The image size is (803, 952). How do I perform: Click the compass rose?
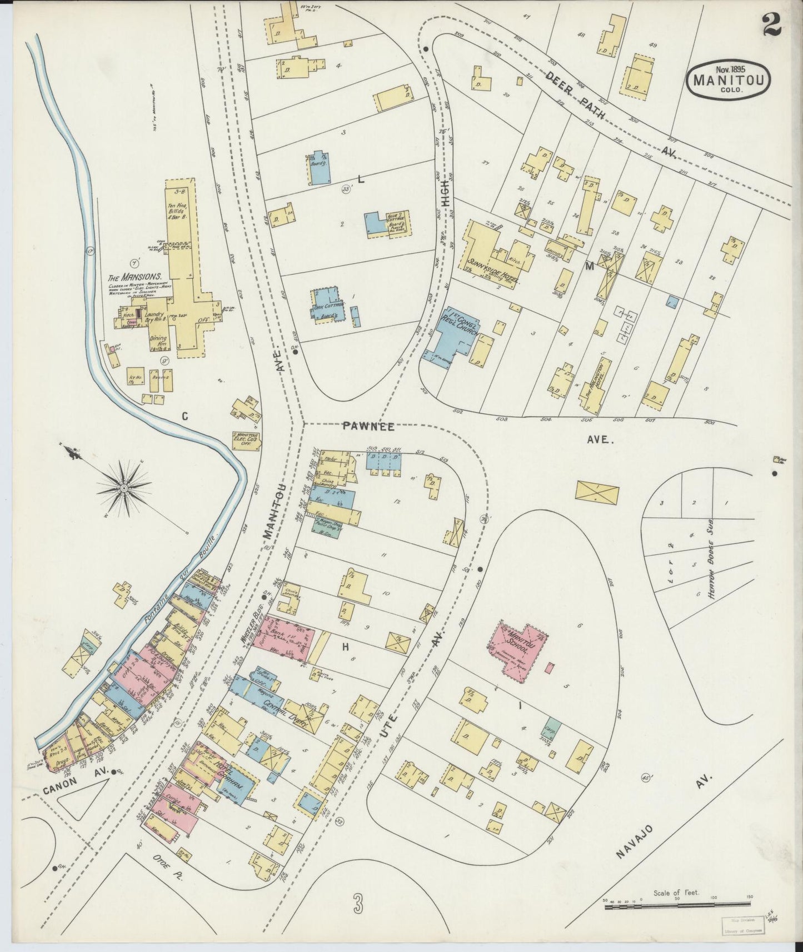tap(123, 488)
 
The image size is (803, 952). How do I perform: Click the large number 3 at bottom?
tap(358, 904)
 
